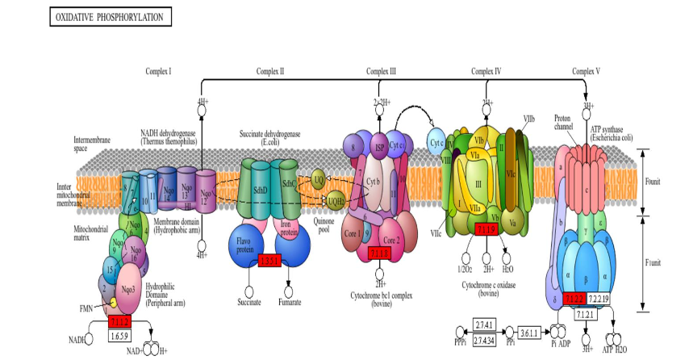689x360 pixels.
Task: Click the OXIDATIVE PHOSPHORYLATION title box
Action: click(111, 17)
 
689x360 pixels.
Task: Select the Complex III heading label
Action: click(382, 72)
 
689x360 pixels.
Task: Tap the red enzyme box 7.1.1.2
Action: click(119, 321)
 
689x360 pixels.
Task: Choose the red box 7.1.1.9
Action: click(486, 231)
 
